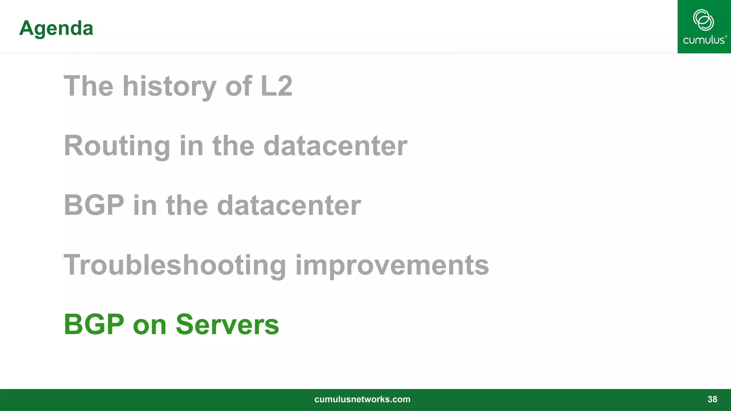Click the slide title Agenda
56,28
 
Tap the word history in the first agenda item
170,86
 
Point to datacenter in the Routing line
335,146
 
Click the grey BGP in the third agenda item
94,205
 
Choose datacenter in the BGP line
289,205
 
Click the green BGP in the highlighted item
94,324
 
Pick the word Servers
227,324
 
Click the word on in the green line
150,325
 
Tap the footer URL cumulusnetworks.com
362,399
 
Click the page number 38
712,399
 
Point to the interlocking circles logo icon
704,20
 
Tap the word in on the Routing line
191,146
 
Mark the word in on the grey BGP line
145,205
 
